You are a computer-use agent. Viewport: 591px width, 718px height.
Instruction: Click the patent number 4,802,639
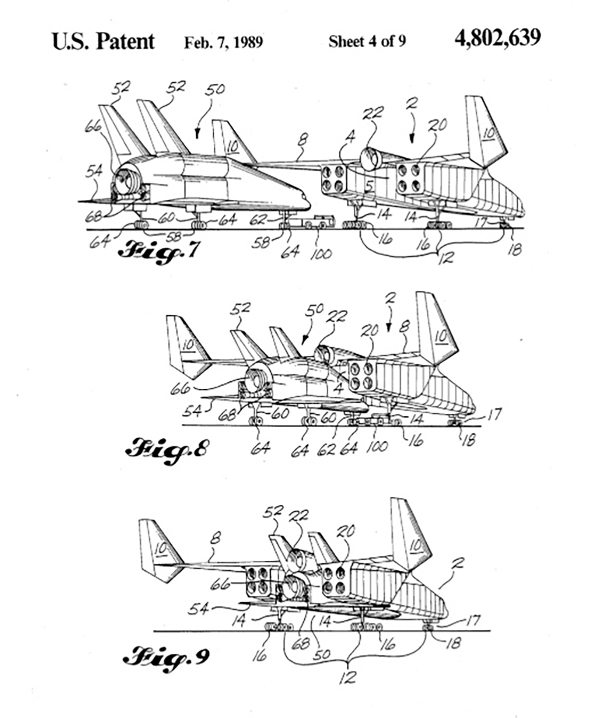click(x=497, y=40)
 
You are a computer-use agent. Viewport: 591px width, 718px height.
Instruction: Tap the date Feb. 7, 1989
click(x=223, y=43)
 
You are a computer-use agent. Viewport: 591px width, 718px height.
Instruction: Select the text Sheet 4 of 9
click(x=366, y=43)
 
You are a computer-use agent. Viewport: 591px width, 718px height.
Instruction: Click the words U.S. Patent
click(x=103, y=41)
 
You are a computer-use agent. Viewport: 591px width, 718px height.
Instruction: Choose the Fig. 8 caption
click(x=167, y=449)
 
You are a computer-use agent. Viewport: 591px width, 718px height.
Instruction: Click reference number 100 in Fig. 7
click(x=321, y=254)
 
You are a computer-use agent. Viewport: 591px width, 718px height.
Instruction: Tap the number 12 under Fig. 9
click(x=348, y=678)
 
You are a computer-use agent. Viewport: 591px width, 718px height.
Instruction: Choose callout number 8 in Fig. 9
click(x=216, y=538)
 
